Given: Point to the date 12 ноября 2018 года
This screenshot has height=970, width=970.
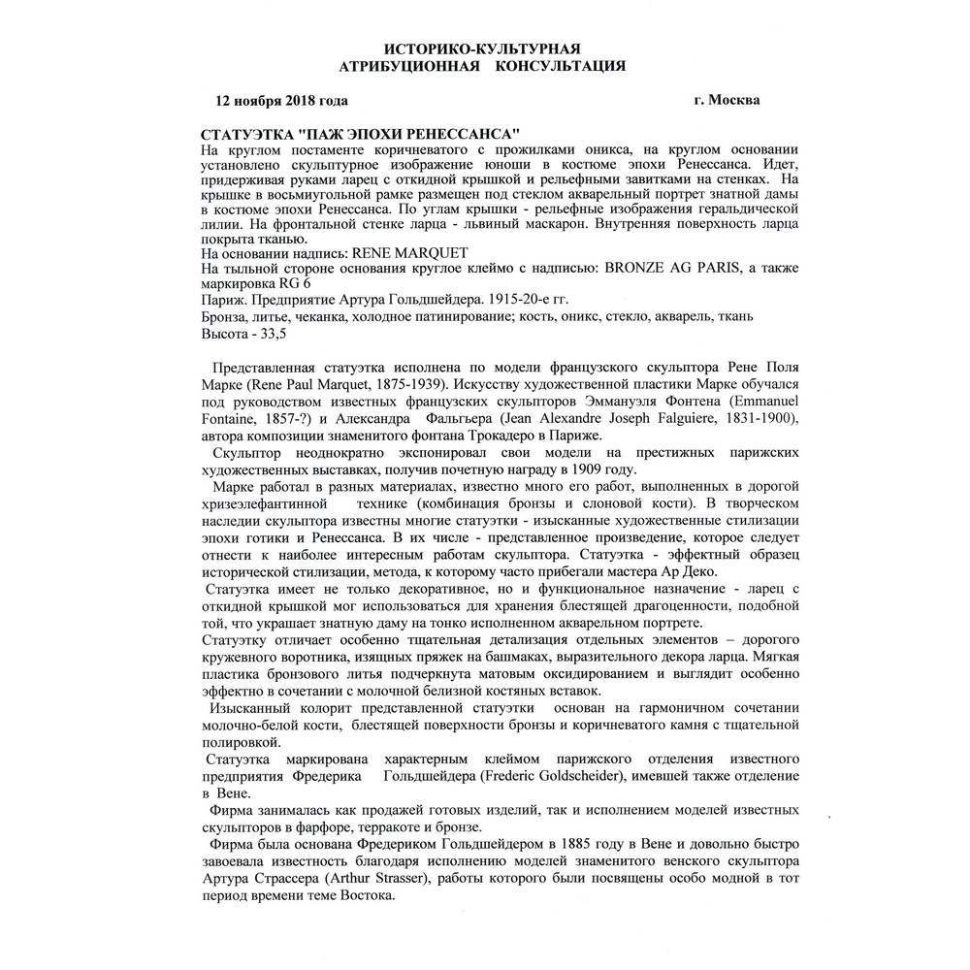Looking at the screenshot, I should click(x=281, y=100).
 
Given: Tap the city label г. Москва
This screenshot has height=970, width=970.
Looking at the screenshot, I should click(x=727, y=100).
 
